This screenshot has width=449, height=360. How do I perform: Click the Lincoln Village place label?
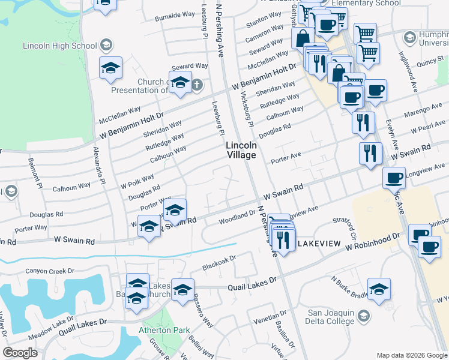tap(241, 150)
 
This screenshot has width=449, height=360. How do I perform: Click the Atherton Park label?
tap(164, 329)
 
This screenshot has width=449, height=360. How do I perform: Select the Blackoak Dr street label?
tap(220, 262)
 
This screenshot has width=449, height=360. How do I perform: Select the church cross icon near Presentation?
tap(197, 85)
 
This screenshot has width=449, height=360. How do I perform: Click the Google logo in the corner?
tap(20, 353)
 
